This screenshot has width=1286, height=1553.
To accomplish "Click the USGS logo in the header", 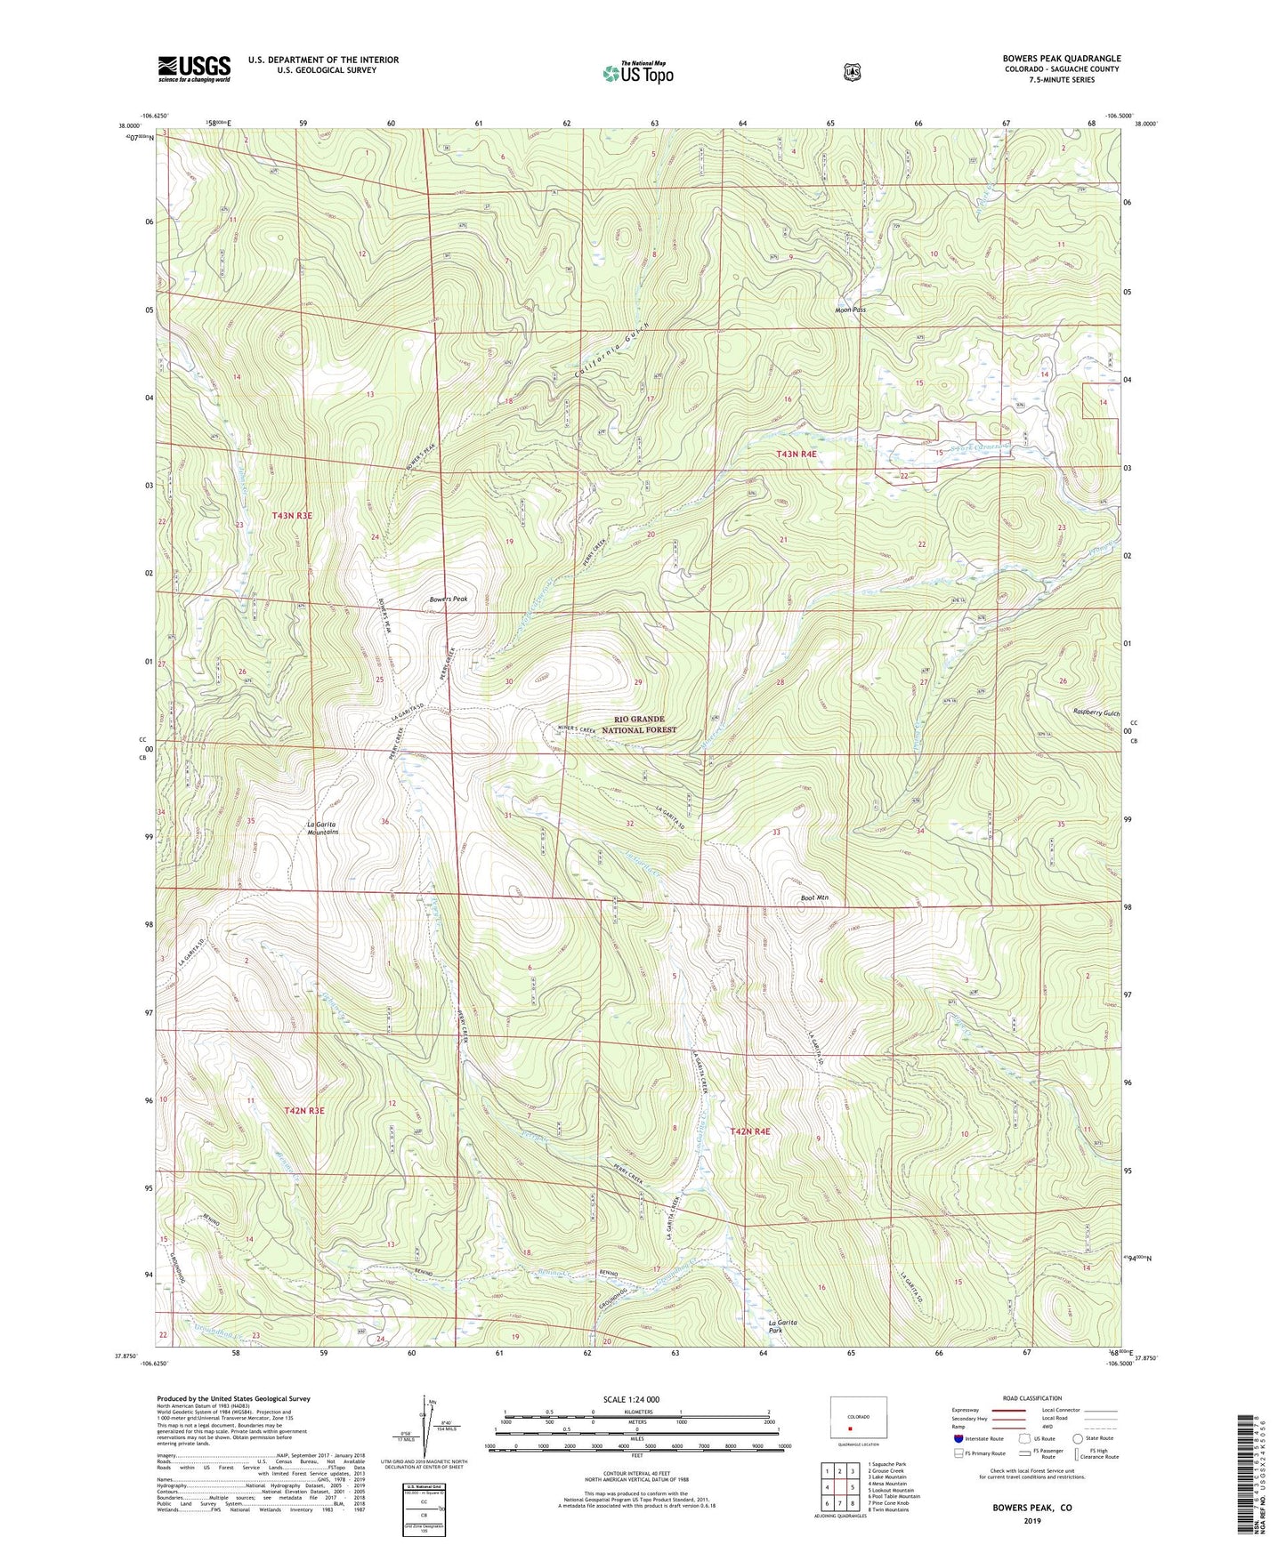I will [x=194, y=68].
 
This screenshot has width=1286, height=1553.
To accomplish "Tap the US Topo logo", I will [x=636, y=72].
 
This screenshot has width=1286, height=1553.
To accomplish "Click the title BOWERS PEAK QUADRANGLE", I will [x=1061, y=59].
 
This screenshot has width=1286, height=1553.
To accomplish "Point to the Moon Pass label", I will [x=850, y=310].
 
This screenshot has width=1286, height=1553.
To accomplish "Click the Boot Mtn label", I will [x=814, y=898].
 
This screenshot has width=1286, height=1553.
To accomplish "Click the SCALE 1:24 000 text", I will [x=631, y=1399].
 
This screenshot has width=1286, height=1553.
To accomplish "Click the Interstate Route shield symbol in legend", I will [x=958, y=1438].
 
